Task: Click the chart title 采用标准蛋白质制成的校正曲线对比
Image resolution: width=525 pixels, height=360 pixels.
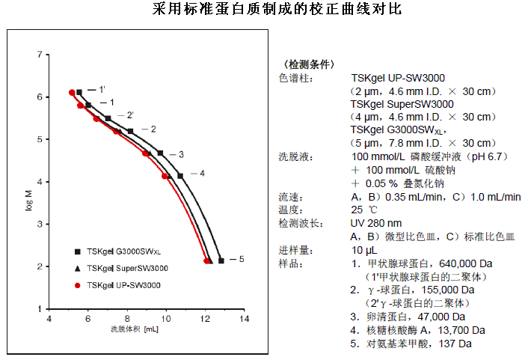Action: [x=262, y=10]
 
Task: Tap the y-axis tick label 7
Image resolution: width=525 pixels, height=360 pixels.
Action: [x=38, y=55]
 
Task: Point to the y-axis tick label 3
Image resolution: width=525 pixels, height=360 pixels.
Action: [x=38, y=224]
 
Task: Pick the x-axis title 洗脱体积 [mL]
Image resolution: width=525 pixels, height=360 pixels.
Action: [x=135, y=329]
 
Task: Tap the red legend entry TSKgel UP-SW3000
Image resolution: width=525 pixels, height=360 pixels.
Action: [x=123, y=285]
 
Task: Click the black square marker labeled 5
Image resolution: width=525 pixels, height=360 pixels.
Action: [x=221, y=260]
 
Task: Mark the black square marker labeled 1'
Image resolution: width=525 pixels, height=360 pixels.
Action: [x=79, y=92]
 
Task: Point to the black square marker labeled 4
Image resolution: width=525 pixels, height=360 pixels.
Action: [x=179, y=176]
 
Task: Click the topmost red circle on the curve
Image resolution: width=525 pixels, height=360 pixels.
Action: [x=72, y=93]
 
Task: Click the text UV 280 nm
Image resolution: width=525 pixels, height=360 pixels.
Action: [x=376, y=223]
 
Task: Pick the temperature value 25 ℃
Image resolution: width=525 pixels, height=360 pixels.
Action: [x=366, y=210]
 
